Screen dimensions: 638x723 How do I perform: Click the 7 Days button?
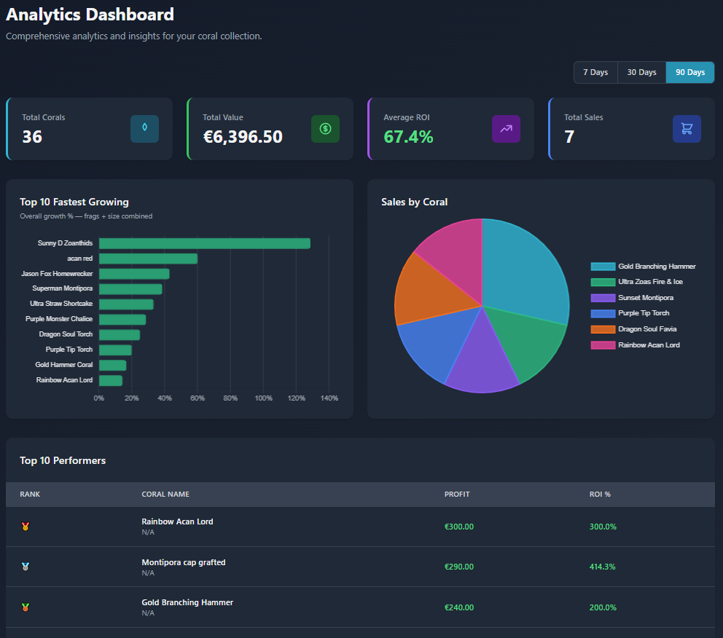[595, 72]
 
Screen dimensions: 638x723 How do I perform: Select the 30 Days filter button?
[641, 72]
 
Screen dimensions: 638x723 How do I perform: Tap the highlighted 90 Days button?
[689, 72]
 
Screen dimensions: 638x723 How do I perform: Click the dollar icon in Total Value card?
[325, 129]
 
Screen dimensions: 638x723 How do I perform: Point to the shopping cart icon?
[686, 129]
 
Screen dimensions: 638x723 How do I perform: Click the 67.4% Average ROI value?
[408, 136]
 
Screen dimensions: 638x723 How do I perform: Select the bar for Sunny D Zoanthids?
[204, 243]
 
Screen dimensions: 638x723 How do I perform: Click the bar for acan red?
[148, 259]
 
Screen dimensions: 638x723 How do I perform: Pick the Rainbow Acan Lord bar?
[111, 380]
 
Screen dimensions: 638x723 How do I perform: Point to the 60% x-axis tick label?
[198, 398]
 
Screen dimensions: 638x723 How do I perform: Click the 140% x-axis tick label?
[329, 398]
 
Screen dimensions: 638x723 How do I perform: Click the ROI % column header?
[600, 494]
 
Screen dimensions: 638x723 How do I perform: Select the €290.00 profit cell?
[459, 567]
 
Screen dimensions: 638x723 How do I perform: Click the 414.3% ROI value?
[603, 567]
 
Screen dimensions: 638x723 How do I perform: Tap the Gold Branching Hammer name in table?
[187, 602]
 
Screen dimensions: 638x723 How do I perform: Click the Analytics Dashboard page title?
[90, 14]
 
